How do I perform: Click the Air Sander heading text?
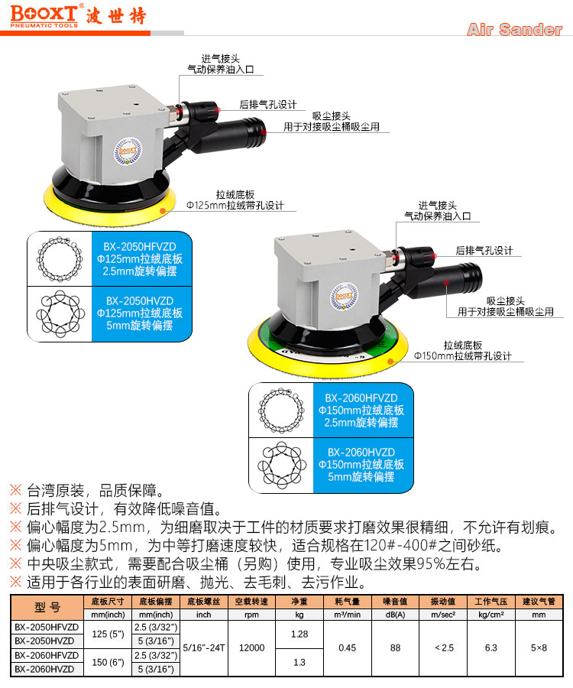(x=515, y=29)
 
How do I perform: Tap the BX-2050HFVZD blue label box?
(x=142, y=259)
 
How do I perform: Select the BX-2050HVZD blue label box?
(x=142, y=313)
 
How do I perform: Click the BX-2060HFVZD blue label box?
(x=364, y=411)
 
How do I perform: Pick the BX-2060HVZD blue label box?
(x=364, y=465)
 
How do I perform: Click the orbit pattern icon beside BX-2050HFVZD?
(x=60, y=259)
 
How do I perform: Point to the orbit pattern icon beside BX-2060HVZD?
(x=281, y=465)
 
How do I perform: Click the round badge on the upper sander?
(x=128, y=151)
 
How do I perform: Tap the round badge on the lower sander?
(x=344, y=296)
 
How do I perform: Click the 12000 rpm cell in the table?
(x=251, y=647)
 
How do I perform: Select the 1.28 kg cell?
(x=299, y=634)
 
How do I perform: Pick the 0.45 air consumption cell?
(x=347, y=647)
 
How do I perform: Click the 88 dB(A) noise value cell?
(x=396, y=647)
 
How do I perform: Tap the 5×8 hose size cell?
(x=539, y=647)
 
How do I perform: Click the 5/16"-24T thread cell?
(x=204, y=647)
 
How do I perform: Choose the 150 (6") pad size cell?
(x=108, y=662)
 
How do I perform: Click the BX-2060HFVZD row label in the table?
(x=47, y=655)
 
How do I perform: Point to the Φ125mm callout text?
(x=235, y=206)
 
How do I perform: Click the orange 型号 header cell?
(x=47, y=607)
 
